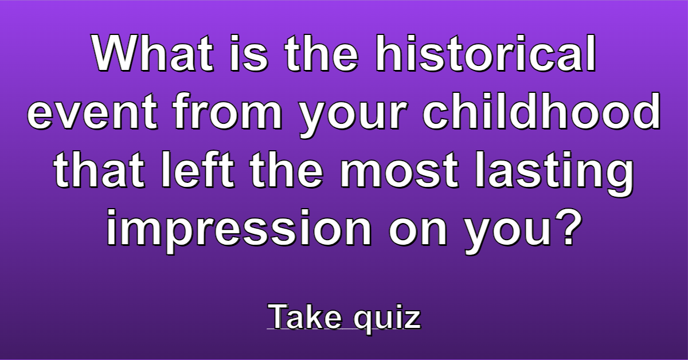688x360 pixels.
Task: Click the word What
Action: (153, 53)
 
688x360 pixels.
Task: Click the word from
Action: (228, 111)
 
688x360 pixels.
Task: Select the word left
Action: (197, 169)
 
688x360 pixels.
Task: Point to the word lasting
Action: (554, 173)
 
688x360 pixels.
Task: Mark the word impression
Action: (239, 230)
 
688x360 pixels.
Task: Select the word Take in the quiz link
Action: (304, 316)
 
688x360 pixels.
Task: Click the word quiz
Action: (387, 319)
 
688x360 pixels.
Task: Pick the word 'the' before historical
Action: (322, 53)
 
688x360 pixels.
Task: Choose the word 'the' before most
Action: (287, 169)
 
